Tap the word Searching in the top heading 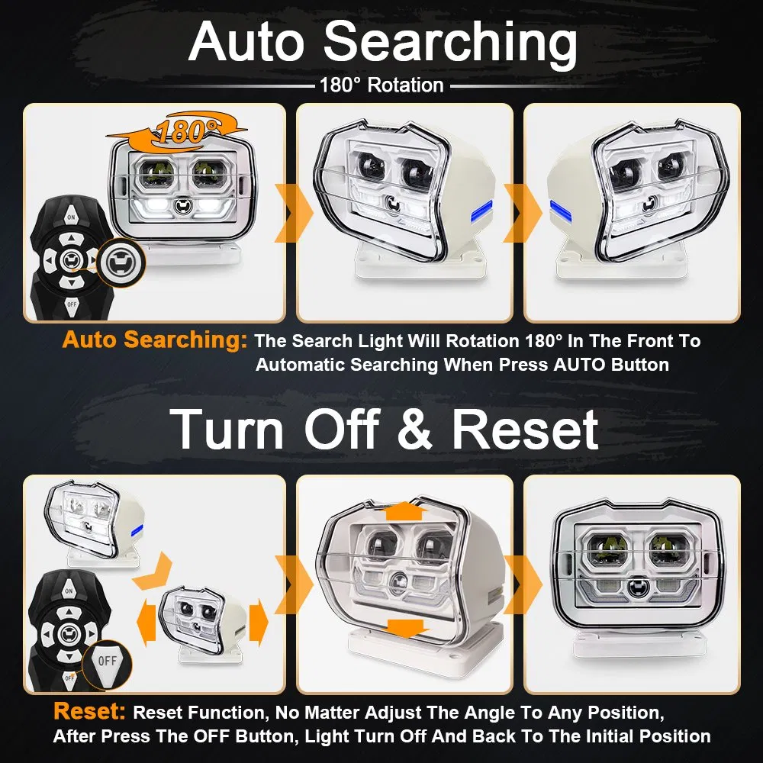pos(450,43)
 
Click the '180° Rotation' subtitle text pos(381,85)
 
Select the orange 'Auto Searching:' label pos(155,340)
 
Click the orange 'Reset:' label pos(89,711)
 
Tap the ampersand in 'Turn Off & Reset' pos(414,429)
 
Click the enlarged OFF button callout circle pos(107,662)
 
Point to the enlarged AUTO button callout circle pos(121,262)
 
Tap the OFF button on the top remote pos(72,305)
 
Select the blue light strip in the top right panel pos(561,208)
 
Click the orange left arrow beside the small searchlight pos(146,623)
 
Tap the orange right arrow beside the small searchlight pos(259,623)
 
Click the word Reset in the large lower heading pos(526,429)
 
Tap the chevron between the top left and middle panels pos(294,213)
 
